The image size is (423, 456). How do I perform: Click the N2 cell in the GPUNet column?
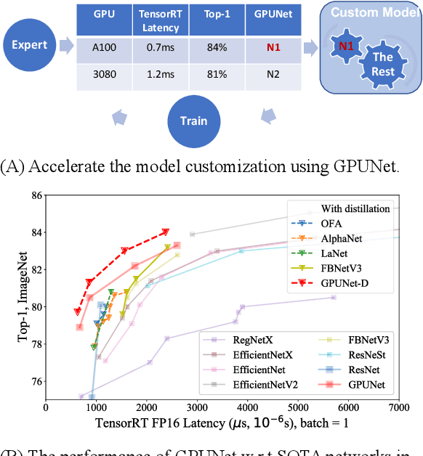273,75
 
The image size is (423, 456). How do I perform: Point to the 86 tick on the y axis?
36,196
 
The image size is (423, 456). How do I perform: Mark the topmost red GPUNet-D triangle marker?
166,232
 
